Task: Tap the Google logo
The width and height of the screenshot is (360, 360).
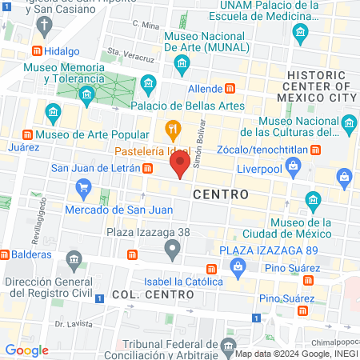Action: pos(26,350)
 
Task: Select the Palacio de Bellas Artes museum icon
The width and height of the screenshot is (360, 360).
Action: pos(148,83)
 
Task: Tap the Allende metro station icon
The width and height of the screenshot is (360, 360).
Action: pos(230,88)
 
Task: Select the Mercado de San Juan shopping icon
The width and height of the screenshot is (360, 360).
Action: pos(84,188)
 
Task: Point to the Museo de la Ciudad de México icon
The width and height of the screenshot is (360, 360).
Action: pos(313,199)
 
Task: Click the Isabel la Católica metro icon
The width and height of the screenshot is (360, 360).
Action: pos(211,270)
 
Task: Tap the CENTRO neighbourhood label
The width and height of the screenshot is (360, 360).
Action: pos(220,194)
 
